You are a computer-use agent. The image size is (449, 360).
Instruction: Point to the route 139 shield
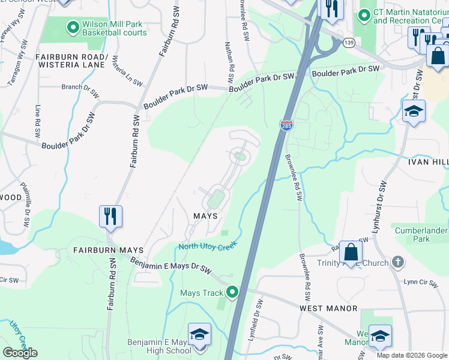349,43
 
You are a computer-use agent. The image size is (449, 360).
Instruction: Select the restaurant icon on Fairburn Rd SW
110,216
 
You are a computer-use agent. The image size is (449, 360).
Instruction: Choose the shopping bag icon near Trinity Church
351,252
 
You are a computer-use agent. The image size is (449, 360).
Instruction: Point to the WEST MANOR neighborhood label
328,308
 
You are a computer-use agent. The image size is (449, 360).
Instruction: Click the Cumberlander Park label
421,235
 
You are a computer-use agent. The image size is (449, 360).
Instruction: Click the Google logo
20,353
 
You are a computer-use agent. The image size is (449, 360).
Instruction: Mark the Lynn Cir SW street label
419,281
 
